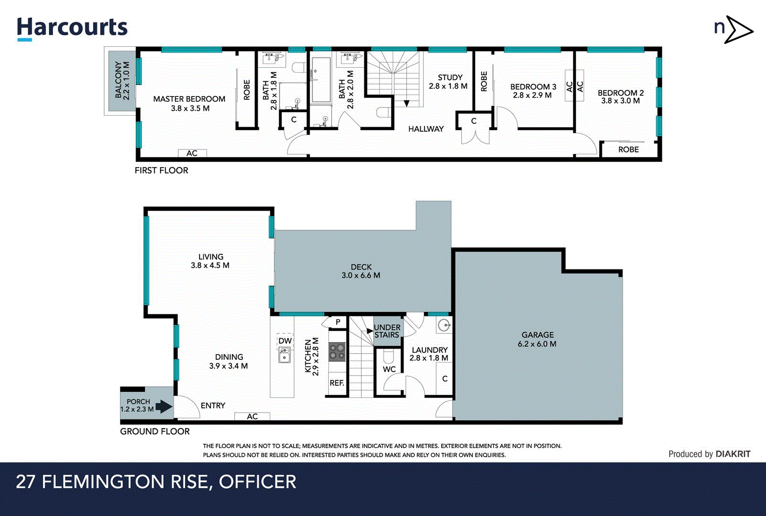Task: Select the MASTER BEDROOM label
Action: [189, 99]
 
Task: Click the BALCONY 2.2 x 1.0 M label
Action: [122, 80]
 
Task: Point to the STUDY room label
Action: [450, 77]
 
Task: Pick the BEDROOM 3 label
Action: [533, 87]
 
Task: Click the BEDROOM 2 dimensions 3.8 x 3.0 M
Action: [620, 101]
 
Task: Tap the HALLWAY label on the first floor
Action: [426, 129]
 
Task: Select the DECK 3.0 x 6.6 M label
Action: [361, 271]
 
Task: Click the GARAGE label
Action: [538, 335]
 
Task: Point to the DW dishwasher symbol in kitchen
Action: [285, 341]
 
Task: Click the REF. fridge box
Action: [337, 383]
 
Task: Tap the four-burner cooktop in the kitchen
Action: [337, 352]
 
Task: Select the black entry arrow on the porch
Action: [164, 407]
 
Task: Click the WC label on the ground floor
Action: [389, 369]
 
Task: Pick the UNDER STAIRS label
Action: [387, 331]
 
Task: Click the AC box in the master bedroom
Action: [192, 153]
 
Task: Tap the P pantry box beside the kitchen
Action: [337, 322]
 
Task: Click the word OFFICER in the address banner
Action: [258, 482]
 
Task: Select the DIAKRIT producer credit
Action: [733, 454]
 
